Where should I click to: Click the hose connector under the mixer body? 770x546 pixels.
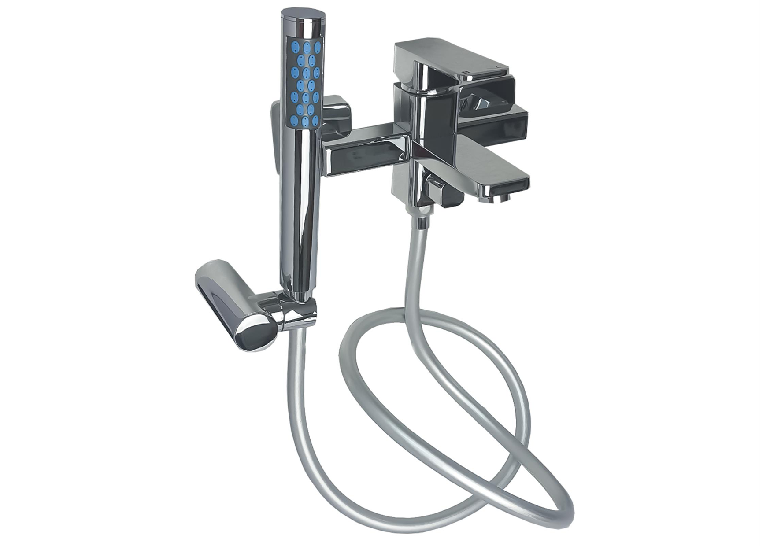pyautogui.click(x=422, y=220)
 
